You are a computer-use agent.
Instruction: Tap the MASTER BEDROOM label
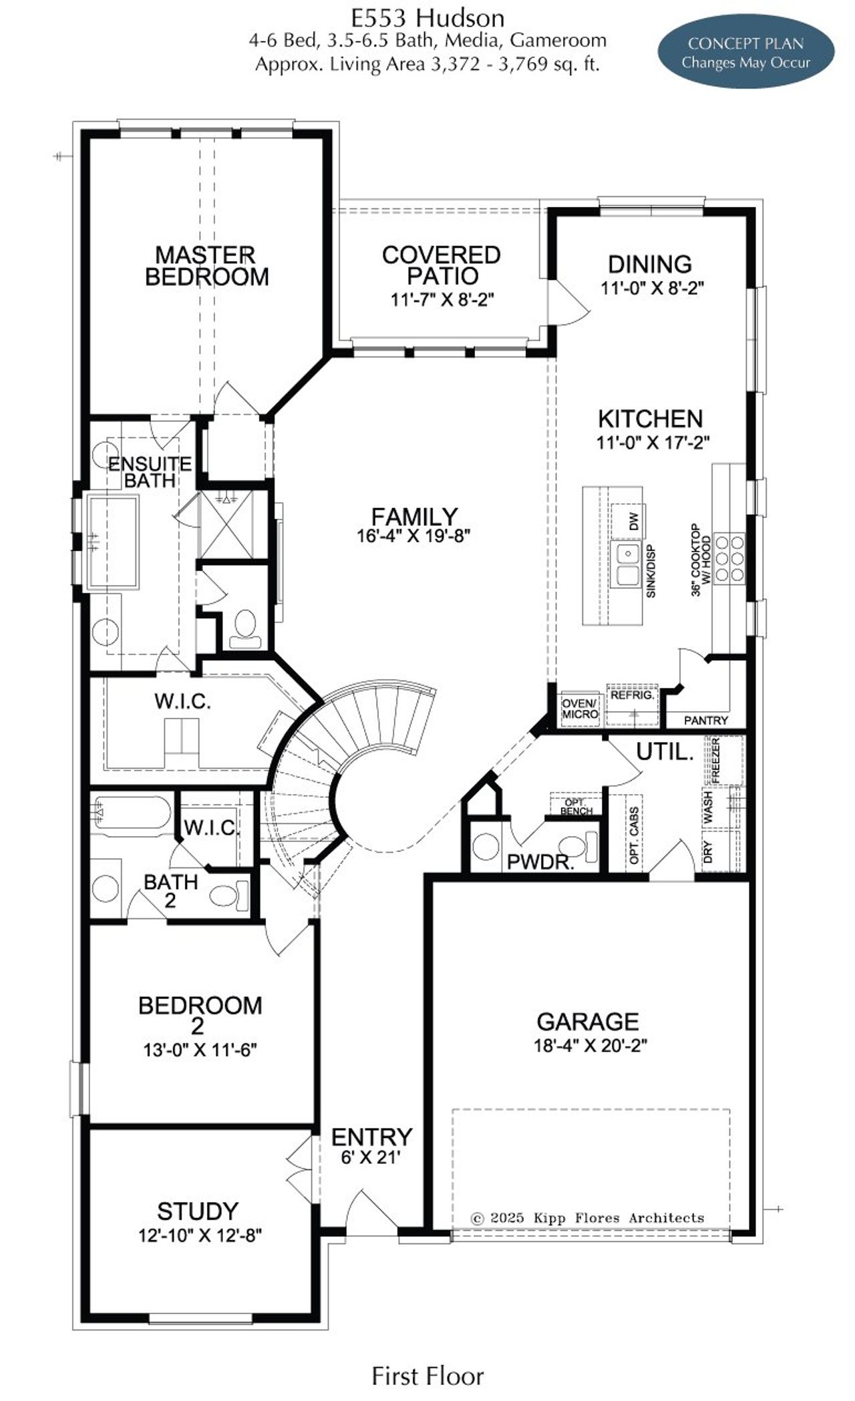click(206, 266)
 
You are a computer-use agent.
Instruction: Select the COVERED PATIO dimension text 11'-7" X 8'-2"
click(442, 299)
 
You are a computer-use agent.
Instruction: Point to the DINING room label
click(649, 264)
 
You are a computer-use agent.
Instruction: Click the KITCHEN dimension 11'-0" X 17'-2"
click(653, 442)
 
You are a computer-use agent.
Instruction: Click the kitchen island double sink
click(627, 564)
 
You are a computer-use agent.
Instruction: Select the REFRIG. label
click(631, 695)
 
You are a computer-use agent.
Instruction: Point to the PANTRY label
click(706, 721)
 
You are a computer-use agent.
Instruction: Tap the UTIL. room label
click(665, 752)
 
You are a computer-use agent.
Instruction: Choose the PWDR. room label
click(540, 861)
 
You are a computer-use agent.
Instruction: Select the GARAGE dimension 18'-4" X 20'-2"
click(590, 1045)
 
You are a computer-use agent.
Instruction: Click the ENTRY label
click(372, 1136)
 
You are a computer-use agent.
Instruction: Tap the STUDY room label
click(198, 1211)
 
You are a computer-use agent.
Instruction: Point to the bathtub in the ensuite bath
click(113, 542)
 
